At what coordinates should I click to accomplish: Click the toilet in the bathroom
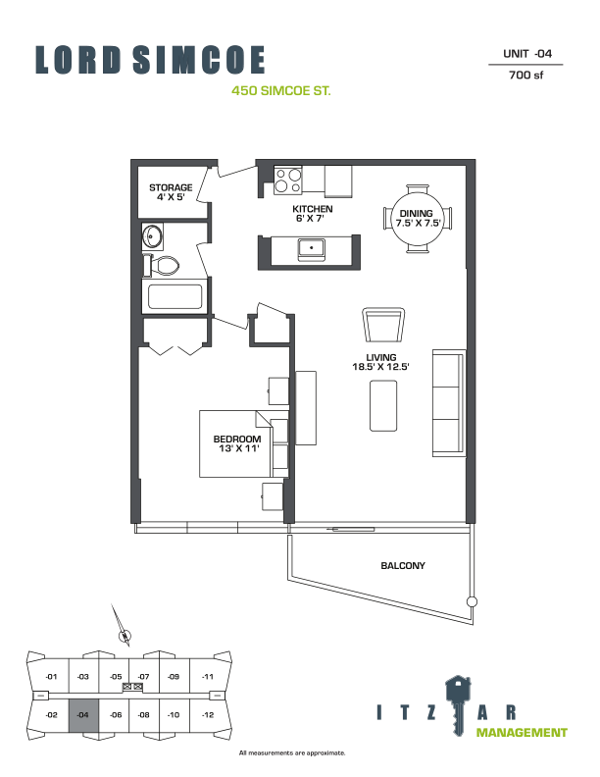coord(162,266)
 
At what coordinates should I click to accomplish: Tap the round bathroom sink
coord(152,236)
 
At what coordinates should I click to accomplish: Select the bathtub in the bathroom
coord(175,297)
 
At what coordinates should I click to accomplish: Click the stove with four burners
coord(288,180)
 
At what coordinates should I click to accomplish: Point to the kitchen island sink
coord(312,247)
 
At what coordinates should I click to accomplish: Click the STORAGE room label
coord(171,187)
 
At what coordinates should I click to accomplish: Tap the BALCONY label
coord(403,565)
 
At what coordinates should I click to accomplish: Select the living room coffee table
coord(383,406)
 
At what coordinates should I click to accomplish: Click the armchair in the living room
coord(383,325)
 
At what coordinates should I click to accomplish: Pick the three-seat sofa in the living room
coord(449,403)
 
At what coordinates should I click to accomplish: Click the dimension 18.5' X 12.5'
coord(381,367)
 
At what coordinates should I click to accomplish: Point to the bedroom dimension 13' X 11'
coord(239,448)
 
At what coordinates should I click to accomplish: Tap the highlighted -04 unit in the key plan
coord(83,715)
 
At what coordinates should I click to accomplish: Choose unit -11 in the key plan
coord(208,676)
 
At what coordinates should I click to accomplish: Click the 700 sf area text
coord(526,75)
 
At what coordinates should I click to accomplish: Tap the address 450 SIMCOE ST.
coord(281,90)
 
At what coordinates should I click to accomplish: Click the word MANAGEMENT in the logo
coord(522,733)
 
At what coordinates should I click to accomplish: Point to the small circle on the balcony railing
coord(473,602)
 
